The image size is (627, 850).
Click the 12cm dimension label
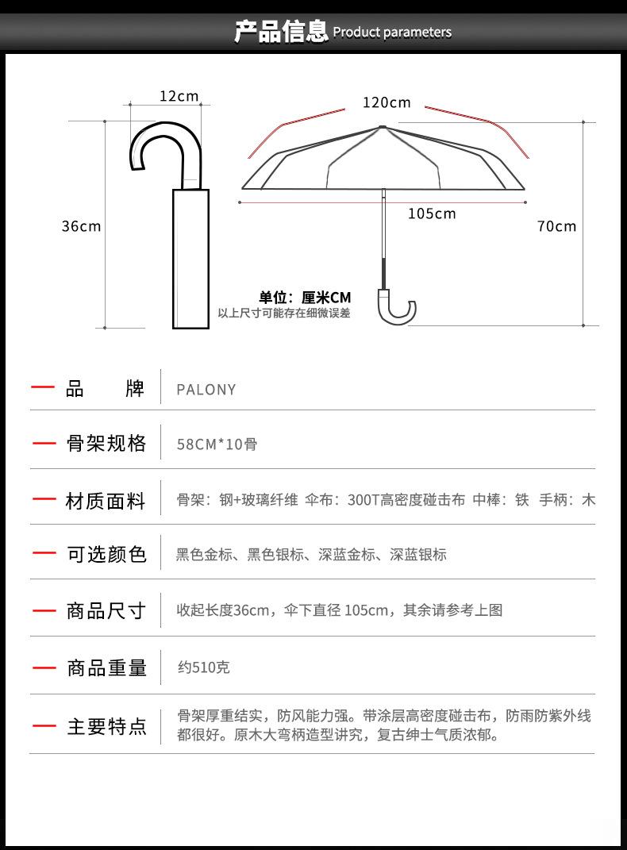tap(179, 96)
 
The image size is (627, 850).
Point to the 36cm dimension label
tap(82, 226)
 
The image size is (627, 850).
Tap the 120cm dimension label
tap(387, 102)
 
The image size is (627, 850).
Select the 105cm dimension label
tap(432, 213)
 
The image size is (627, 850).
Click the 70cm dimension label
tap(556, 226)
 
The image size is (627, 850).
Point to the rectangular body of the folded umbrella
tap(190, 258)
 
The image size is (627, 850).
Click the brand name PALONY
tap(206, 390)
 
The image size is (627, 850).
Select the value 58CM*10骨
tap(217, 444)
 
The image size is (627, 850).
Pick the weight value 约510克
tap(203, 667)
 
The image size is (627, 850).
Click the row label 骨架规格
tap(106, 444)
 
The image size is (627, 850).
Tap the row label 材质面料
tap(106, 501)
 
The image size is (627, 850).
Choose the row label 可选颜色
tap(106, 555)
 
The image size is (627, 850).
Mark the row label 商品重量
tap(106, 668)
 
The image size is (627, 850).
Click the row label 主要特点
tap(106, 726)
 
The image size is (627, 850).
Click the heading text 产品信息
tap(281, 32)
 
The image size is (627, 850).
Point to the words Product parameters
tap(392, 33)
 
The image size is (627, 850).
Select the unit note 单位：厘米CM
tap(305, 298)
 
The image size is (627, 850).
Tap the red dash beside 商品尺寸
tap(44, 611)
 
